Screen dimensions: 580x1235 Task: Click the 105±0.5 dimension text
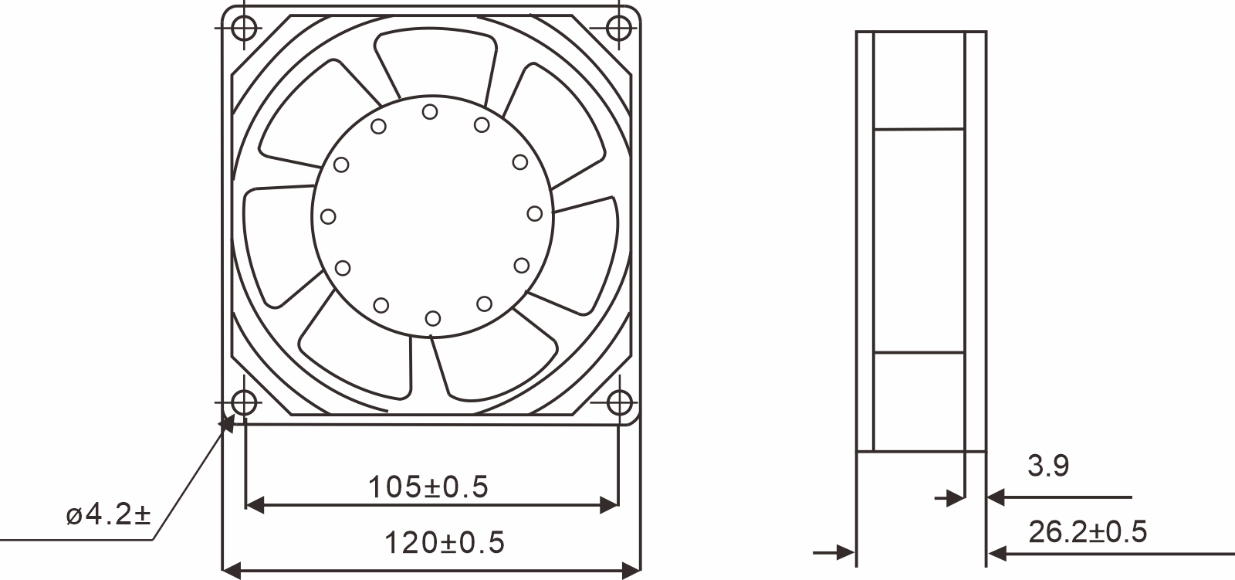point(428,487)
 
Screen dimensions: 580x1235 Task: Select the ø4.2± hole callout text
point(108,514)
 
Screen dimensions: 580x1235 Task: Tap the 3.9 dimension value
point(1047,466)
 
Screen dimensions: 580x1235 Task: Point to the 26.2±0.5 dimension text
point(1087,532)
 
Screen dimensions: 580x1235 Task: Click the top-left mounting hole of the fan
point(244,28)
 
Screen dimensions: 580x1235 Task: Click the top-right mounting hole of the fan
point(618,28)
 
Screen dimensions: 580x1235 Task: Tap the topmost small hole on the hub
point(430,112)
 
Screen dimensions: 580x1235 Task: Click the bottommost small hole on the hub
point(432,317)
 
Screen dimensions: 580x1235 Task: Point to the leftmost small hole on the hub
point(328,216)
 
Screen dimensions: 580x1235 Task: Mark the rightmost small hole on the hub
point(534,213)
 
